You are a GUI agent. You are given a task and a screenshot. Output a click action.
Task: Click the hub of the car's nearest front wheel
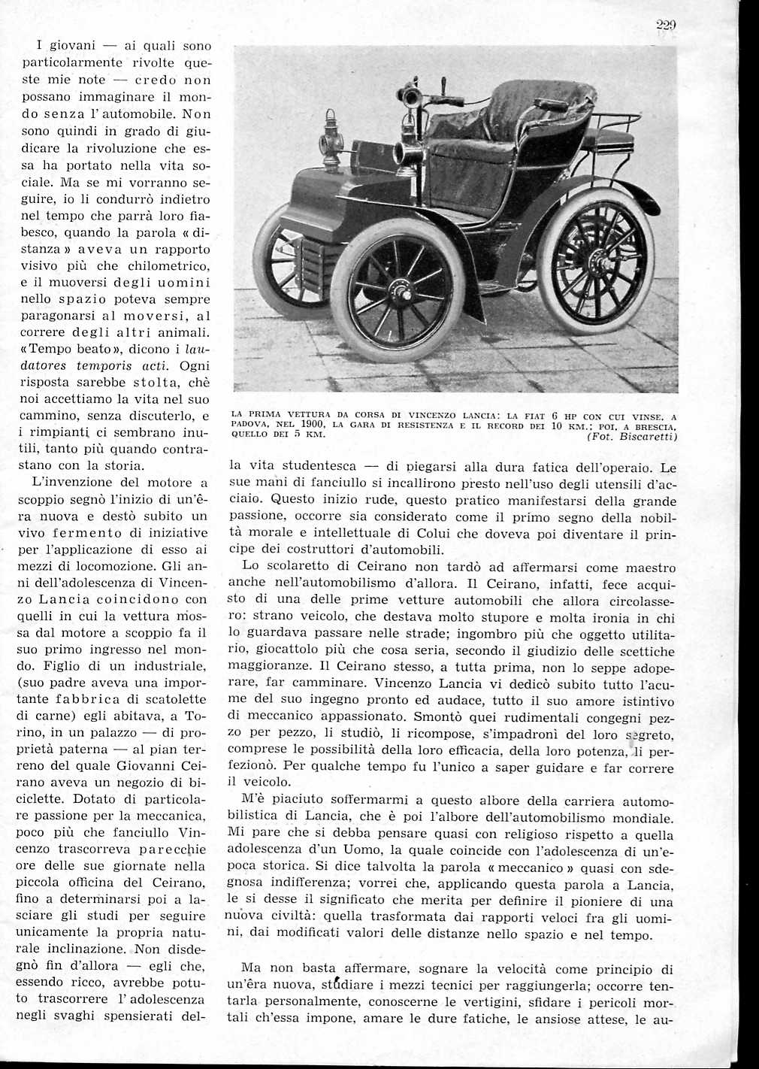[x=397, y=289]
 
